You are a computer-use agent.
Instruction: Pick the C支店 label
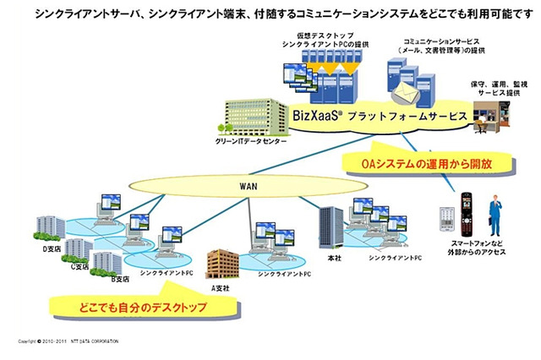(79, 265)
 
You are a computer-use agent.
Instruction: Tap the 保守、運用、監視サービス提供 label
(498, 89)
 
